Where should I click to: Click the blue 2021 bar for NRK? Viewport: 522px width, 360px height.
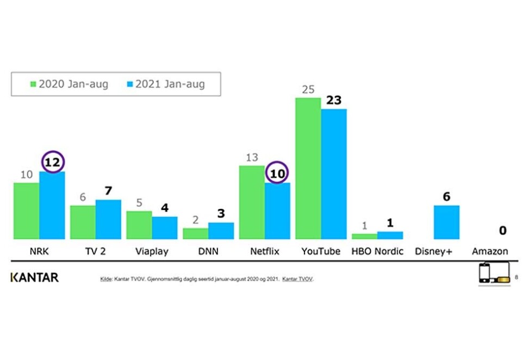coord(52,206)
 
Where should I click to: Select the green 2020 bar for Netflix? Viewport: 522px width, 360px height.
coord(252,202)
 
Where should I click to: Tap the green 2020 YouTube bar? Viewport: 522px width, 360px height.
coord(308,169)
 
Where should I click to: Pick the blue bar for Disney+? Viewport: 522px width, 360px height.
coord(446,222)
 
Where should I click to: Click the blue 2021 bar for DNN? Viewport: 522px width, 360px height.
coord(221,231)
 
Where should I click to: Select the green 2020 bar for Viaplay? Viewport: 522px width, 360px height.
coord(139,225)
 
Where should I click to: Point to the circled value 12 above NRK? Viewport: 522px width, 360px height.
coord(53,162)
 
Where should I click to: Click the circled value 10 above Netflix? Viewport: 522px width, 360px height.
coord(277,173)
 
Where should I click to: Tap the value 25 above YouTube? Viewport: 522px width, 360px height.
coord(308,89)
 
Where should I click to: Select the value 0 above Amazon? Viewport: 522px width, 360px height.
coord(502,231)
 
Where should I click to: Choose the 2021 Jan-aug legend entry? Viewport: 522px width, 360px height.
coord(164,84)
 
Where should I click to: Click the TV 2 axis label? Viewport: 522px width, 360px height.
coord(96,251)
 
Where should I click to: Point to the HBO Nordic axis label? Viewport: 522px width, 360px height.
coord(377,251)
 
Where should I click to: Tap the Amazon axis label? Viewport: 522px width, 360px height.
coord(490,251)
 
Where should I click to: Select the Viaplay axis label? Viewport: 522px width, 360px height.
coord(152,251)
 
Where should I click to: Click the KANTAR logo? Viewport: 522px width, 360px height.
coord(34,278)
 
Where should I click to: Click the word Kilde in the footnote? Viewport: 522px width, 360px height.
coord(104,279)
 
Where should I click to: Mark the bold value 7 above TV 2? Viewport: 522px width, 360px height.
coord(109,191)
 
